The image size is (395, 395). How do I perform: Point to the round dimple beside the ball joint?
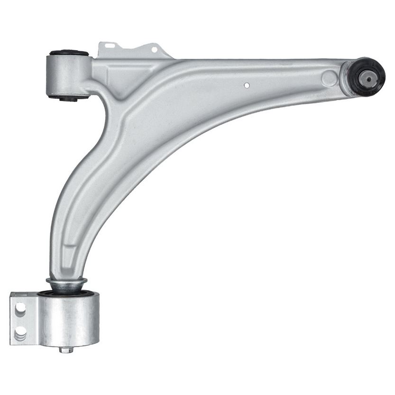tap(329, 78)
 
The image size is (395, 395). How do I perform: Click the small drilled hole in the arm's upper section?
tap(247, 85)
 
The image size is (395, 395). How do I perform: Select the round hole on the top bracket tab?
tap(154, 49)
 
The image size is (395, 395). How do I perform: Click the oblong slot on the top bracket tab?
tap(110, 46)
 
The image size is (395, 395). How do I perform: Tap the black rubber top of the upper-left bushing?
tap(69, 52)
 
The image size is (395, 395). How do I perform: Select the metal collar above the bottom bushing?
tap(66, 285)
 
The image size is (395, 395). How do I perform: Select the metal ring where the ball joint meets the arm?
tap(349, 76)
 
